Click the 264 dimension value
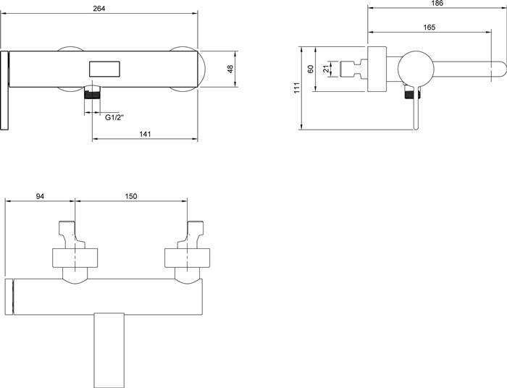click(99, 9)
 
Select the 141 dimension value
click(145, 134)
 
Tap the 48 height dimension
click(230, 69)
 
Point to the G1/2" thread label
click(114, 117)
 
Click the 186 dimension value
click(437, 3)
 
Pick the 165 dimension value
click(429, 27)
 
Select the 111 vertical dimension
click(297, 88)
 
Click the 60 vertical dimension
click(311, 69)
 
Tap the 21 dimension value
click(326, 69)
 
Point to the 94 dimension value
click(40, 196)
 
